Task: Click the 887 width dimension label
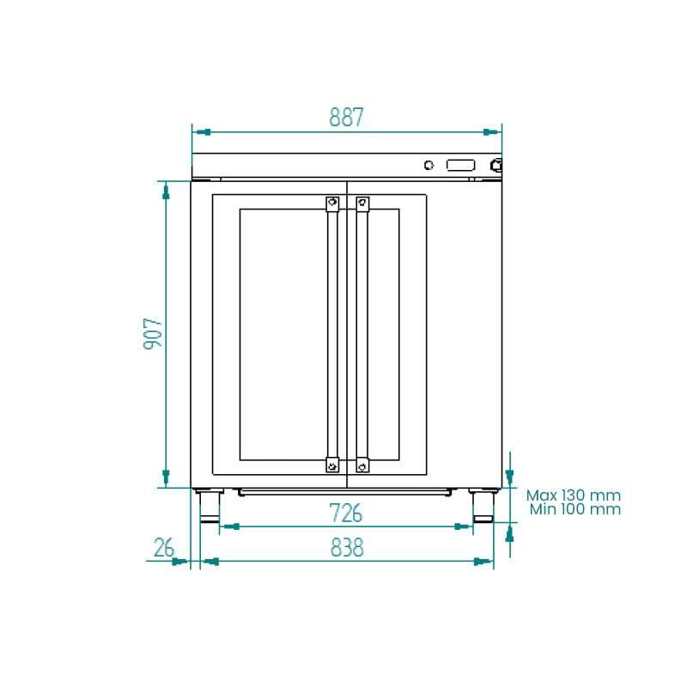(346, 117)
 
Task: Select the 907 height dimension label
(153, 333)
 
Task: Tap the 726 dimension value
(346, 513)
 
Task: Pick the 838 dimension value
(347, 548)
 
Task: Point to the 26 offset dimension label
(164, 548)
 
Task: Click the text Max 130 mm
(574, 495)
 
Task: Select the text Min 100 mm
(575, 509)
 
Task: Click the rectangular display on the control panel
(460, 165)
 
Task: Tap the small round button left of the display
(429, 165)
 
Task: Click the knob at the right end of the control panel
(496, 165)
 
